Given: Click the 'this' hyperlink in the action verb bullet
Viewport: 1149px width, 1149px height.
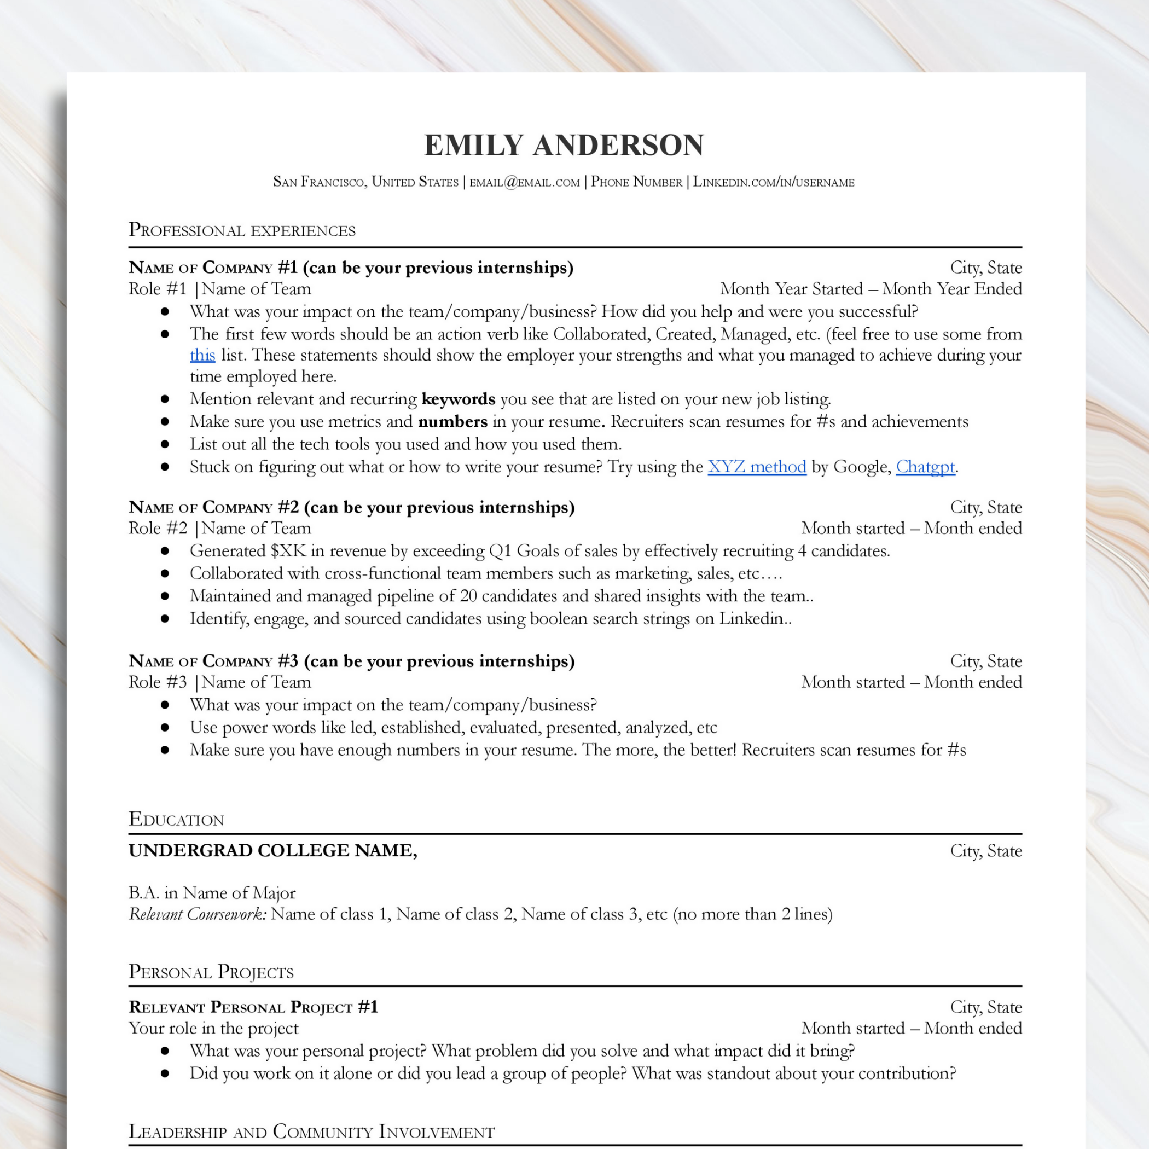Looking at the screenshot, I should (202, 355).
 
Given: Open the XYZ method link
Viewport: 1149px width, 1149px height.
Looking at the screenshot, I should (757, 467).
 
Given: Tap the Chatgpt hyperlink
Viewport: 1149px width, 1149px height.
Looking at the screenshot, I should (925, 467).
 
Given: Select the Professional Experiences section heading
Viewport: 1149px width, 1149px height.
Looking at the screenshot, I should (241, 230).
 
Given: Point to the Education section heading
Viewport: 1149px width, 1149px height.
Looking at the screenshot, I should (176, 819).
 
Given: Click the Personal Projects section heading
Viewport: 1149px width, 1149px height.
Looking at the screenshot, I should (211, 972).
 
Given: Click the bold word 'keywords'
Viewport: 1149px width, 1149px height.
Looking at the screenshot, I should (458, 399).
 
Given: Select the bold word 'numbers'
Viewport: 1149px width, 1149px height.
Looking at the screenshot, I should (452, 422).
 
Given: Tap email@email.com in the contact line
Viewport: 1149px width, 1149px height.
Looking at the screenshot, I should (525, 182).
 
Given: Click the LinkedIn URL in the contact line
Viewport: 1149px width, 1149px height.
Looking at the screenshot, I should (773, 182).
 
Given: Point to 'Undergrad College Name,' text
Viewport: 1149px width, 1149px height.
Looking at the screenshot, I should (273, 850).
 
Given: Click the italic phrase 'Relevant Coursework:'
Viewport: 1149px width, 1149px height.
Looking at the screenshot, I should (198, 914).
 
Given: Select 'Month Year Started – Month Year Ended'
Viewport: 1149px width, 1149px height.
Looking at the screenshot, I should (871, 289).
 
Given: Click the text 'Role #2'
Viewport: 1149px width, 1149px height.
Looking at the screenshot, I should (158, 528).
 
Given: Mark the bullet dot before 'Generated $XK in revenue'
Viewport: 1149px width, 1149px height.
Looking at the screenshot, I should (165, 552).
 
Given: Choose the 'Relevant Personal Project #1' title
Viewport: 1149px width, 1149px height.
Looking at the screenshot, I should (253, 1007).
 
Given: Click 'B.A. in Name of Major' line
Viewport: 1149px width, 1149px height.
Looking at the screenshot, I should (212, 893).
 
